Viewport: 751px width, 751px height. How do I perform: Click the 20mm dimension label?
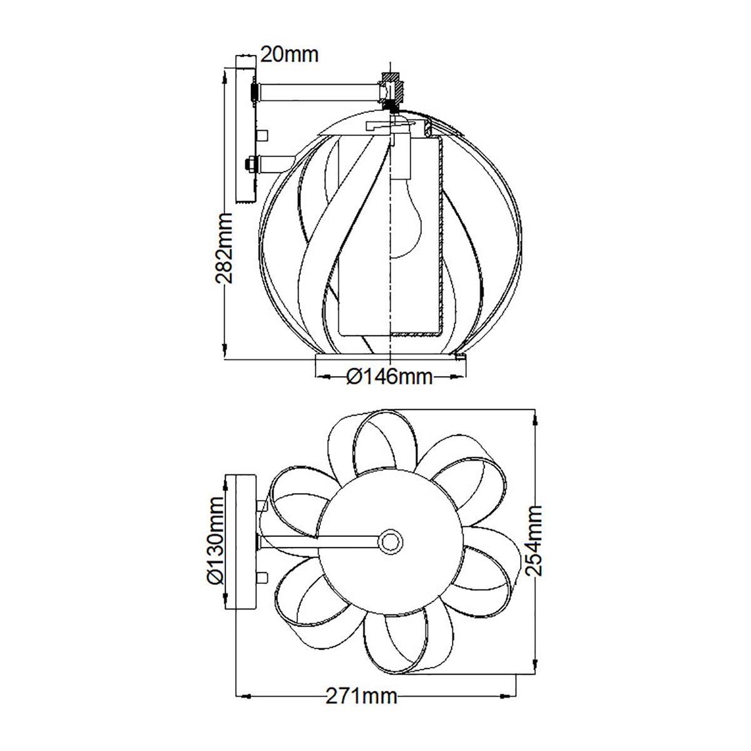point(289,54)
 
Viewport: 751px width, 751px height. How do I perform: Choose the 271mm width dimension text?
point(362,696)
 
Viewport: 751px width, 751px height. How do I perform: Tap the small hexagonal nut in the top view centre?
point(391,541)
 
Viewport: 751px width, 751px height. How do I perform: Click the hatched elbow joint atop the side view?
point(393,91)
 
